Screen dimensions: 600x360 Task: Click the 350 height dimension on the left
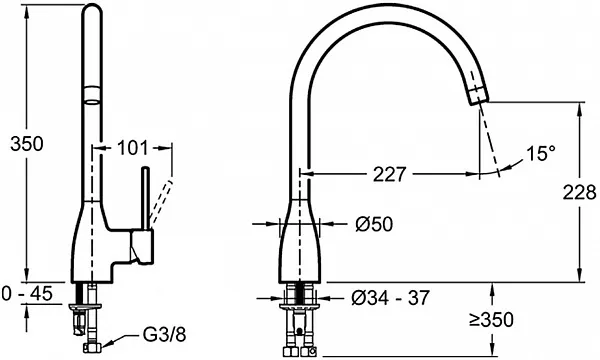tap(27, 144)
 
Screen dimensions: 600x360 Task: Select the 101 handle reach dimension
tap(132, 148)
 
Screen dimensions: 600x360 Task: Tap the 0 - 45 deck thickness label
tap(27, 294)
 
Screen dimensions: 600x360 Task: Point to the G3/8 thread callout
tap(164, 335)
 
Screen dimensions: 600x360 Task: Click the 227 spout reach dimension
tap(389, 174)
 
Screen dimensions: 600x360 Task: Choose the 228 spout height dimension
tap(579, 192)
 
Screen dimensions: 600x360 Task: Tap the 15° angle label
tap(541, 153)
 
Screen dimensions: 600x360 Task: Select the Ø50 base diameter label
tap(374, 224)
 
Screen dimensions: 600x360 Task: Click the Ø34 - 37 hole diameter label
tap(390, 298)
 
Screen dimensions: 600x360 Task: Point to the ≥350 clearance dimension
tap(491, 320)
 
